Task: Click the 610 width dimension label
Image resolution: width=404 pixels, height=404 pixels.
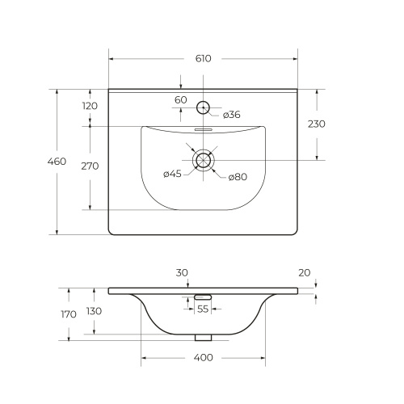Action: (204, 58)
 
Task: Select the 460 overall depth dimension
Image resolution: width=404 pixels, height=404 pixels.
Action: (57, 162)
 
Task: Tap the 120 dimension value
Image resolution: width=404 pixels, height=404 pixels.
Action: (90, 106)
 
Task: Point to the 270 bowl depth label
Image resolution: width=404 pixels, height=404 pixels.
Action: (90, 166)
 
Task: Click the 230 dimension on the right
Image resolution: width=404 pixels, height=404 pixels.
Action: (317, 124)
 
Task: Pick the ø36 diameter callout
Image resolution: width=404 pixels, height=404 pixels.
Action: (232, 115)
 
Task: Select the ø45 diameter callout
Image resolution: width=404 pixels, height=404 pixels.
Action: (172, 174)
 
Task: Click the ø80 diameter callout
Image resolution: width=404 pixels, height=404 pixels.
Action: (238, 177)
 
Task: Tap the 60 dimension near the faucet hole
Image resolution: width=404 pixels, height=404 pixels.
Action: (181, 100)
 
